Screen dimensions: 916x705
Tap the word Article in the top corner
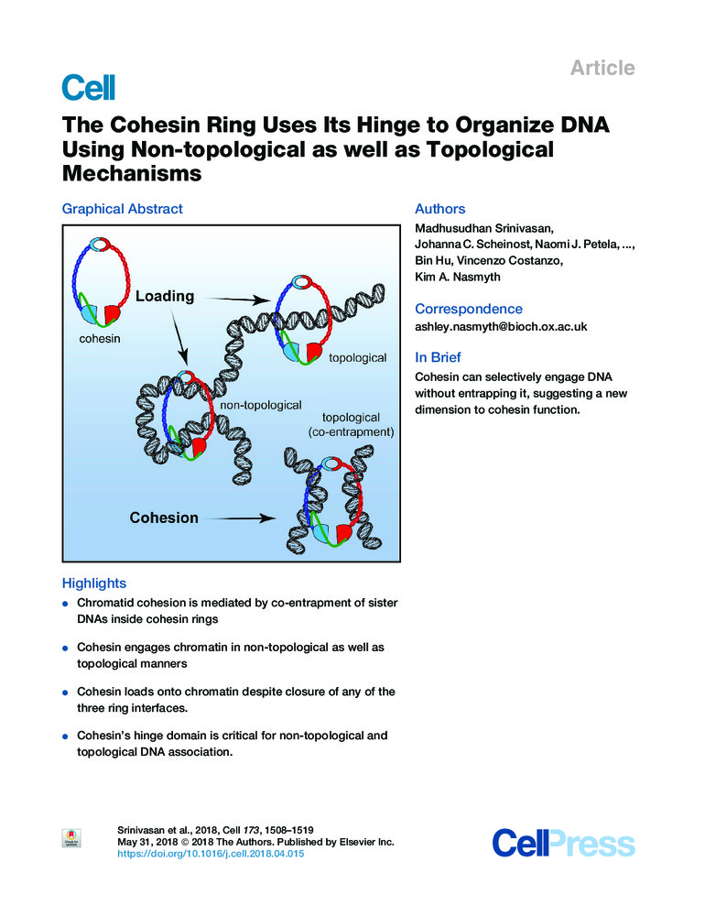(602, 68)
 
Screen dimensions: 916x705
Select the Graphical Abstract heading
(122, 209)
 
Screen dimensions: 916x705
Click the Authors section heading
(439, 209)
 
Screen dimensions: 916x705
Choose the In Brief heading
(438, 357)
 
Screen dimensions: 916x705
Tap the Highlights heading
(93, 583)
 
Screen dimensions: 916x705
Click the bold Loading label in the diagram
(165, 296)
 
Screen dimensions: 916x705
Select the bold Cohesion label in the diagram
(163, 518)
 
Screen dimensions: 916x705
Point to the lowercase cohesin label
(94, 337)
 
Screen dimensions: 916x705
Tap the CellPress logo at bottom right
(563, 843)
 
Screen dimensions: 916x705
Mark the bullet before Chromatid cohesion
(65, 605)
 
